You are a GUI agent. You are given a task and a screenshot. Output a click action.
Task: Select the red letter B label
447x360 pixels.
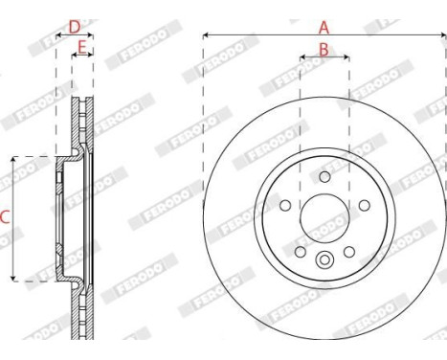pyautogui.click(x=324, y=48)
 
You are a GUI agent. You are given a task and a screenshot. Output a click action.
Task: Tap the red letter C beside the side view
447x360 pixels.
pyautogui.click(x=5, y=217)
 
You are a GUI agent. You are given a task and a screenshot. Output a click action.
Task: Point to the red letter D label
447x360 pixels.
pyautogui.click(x=74, y=26)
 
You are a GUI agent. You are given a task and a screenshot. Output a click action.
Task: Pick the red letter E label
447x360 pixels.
pyautogui.click(x=82, y=46)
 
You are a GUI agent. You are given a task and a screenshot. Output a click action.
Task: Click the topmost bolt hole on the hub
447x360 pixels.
pyautogui.click(x=324, y=177)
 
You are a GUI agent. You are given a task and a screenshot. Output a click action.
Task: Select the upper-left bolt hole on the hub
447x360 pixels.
pyautogui.click(x=285, y=205)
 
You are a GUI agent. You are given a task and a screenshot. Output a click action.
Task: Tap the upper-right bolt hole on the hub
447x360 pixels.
pyautogui.click(x=364, y=205)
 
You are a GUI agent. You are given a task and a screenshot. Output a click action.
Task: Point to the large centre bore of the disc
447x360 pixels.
pyautogui.click(x=324, y=219)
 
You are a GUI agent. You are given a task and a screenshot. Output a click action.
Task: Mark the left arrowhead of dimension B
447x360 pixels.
pyautogui.click(x=302, y=57)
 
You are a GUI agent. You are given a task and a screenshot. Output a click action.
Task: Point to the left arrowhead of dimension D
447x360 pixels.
pyautogui.click(x=59, y=35)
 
